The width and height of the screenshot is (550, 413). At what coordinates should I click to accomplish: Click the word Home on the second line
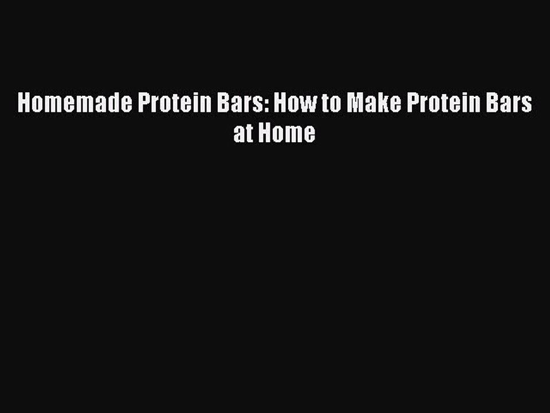286,133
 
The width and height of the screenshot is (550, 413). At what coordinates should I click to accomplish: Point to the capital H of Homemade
24,104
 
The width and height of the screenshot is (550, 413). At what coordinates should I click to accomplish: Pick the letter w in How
307,104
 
